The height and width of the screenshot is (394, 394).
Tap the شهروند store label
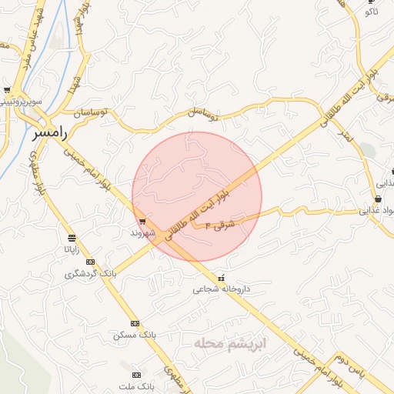[x=143, y=232]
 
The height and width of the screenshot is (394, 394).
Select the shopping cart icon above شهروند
[x=142, y=222]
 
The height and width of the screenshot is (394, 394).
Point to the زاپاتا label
[x=71, y=249]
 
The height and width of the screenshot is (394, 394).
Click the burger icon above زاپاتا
[x=72, y=238]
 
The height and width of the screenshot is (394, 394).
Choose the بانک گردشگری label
[x=91, y=273]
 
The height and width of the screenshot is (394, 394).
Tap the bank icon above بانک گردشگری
[x=91, y=262]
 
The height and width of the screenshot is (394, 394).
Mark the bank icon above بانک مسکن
[x=135, y=323]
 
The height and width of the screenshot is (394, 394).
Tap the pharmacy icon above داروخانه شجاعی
[x=222, y=278]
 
